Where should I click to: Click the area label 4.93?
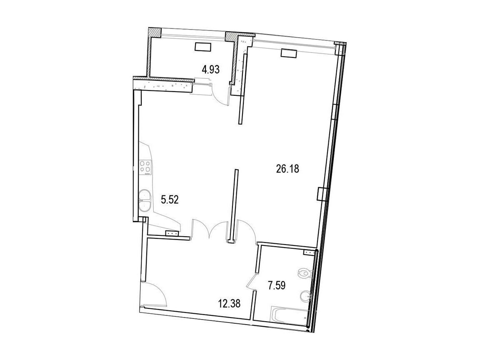coord(210,70)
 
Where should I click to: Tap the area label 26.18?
coord(287,169)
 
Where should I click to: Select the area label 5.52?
coord(170,200)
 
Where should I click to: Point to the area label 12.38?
coord(229,304)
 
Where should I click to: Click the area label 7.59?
coord(276,286)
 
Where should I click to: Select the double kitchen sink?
coord(145,200)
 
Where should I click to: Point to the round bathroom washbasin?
coord(305,296)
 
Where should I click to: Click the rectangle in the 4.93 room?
coord(202,47)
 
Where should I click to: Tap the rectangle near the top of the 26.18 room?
coord(289,54)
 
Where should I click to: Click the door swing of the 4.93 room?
coord(220,95)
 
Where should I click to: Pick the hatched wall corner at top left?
coord(155,32)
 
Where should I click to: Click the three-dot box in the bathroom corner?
coord(310,252)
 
